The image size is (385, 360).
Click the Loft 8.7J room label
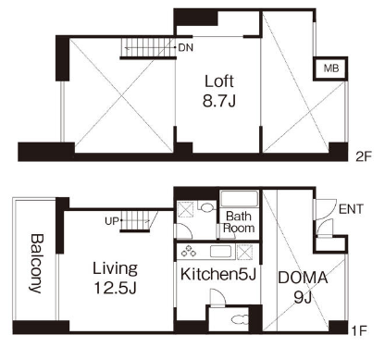(219, 91)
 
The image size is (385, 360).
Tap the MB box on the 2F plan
(330, 68)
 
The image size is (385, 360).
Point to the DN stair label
(186, 48)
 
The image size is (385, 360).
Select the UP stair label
(111, 221)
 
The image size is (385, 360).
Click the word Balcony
(36, 263)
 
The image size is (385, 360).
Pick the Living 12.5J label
(115, 278)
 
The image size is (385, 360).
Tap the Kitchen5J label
(218, 274)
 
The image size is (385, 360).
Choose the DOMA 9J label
(303, 287)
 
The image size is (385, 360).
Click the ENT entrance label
(351, 209)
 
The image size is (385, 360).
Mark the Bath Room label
(239, 222)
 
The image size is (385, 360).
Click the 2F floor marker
(363, 157)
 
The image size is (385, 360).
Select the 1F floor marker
(359, 331)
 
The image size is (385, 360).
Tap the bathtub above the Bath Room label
(240, 199)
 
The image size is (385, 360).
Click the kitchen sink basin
(221, 252)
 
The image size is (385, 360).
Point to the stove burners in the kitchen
(189, 251)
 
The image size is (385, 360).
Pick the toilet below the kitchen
(240, 319)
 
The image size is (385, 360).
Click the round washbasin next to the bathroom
(206, 206)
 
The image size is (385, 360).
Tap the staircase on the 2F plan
(148, 47)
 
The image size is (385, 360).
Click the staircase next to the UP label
(136, 221)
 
